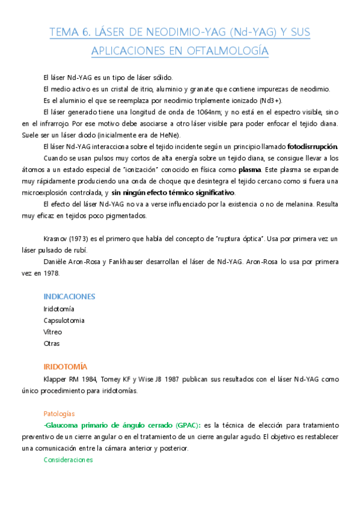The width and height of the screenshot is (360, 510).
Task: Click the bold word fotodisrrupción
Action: tap(313, 147)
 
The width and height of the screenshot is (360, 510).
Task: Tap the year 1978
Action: tap(70, 273)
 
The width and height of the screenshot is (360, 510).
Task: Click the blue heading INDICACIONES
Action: tap(69, 296)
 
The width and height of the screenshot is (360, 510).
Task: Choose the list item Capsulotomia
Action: tap(64, 320)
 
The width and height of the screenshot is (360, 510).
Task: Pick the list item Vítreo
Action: tap(53, 331)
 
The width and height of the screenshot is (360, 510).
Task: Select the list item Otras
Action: tap(52, 343)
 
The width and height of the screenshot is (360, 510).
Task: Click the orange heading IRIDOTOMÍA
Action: tap(66, 366)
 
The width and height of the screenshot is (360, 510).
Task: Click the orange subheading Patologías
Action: tap(59, 414)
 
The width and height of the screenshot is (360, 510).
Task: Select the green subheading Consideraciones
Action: tap(69, 460)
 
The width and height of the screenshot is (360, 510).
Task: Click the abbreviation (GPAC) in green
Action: tap(185, 425)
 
